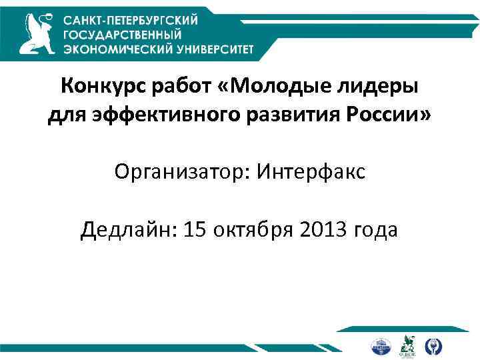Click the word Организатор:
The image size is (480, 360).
coord(179,173)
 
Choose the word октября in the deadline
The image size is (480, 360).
coord(253,230)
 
